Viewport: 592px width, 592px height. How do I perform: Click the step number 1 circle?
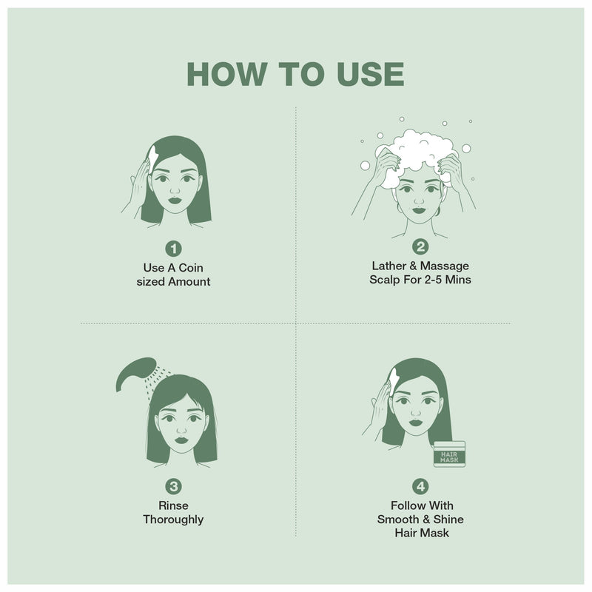point(174,248)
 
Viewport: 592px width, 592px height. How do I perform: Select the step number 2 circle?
point(420,247)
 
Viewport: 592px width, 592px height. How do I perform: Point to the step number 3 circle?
point(173,486)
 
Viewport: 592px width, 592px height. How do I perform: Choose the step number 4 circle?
point(420,486)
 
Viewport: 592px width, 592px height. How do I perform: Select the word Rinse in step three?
point(173,505)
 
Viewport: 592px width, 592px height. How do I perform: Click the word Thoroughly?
point(173,519)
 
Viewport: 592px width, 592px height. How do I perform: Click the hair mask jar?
point(448,454)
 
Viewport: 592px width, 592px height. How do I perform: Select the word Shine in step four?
point(448,519)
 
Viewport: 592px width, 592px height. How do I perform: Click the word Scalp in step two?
point(386,280)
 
